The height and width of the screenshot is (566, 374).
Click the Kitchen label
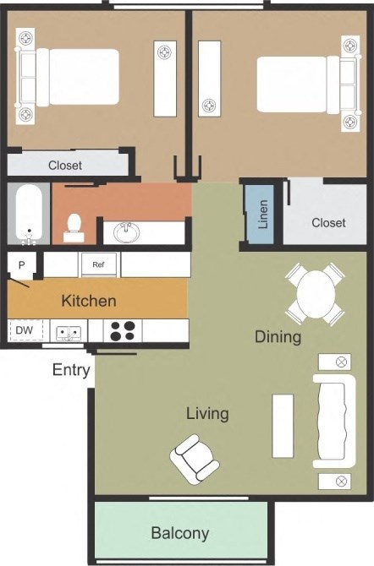[89, 300]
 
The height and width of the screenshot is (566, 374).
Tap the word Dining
[278, 337]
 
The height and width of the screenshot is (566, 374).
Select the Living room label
[207, 413]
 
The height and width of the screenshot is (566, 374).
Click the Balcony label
[179, 533]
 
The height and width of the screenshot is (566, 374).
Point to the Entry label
[72, 369]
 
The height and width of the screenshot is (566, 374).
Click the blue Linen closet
[262, 214]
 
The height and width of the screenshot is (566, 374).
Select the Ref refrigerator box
[100, 264]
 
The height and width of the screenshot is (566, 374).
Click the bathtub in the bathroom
[29, 214]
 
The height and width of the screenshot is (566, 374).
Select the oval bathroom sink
[128, 231]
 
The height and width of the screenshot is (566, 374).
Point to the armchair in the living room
[195, 460]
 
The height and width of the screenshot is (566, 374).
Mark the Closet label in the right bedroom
[328, 223]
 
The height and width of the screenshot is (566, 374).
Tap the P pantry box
[21, 264]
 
